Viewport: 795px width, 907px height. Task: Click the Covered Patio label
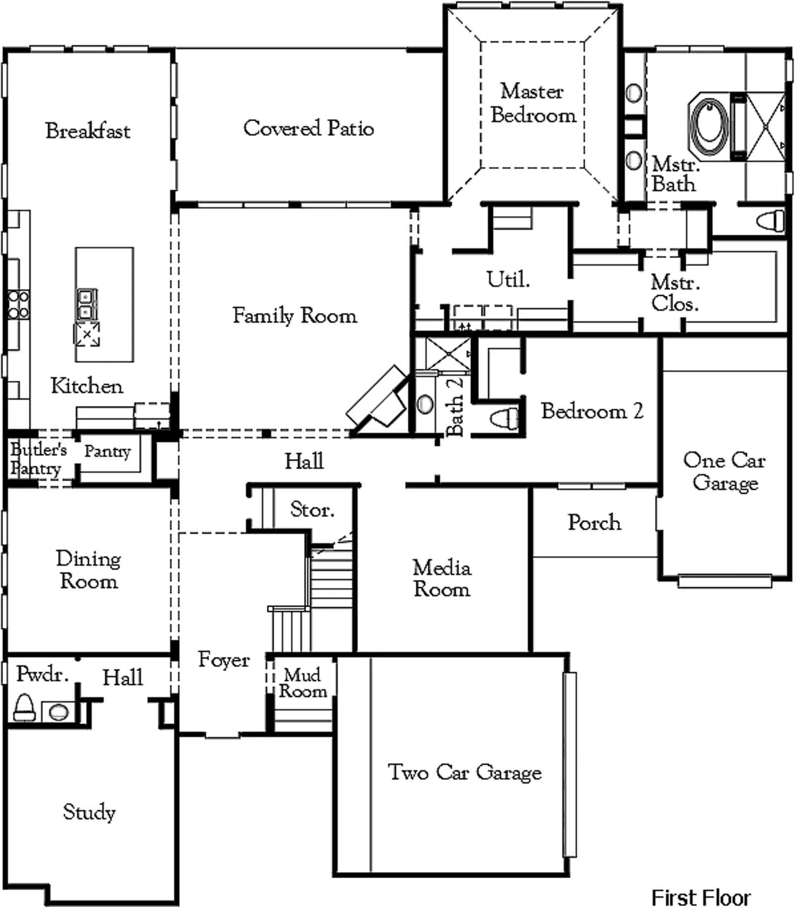[308, 128]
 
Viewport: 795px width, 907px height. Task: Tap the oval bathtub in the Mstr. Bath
[710, 126]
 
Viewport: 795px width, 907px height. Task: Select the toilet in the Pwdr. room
[24, 707]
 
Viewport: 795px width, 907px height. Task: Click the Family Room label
[295, 316]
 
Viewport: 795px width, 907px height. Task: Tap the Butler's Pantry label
[38, 459]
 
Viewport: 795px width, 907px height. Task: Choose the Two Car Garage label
[465, 772]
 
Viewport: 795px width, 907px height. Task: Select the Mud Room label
[302, 683]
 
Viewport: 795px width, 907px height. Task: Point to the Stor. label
[312, 509]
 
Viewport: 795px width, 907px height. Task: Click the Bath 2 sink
[424, 404]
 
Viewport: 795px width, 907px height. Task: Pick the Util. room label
[508, 279]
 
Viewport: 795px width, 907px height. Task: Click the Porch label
[594, 522]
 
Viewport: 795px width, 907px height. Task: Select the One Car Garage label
[724, 471]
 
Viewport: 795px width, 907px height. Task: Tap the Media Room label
[442, 578]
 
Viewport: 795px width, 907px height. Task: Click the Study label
[89, 813]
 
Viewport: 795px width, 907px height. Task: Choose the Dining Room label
[88, 569]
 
